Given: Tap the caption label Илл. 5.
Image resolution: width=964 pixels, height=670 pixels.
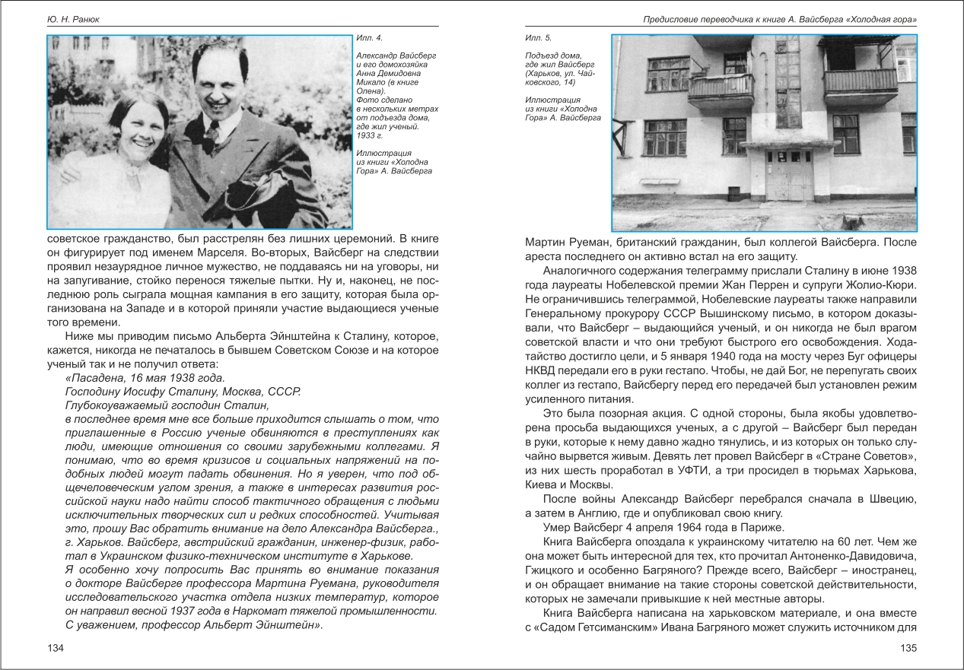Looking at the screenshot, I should tap(537, 37).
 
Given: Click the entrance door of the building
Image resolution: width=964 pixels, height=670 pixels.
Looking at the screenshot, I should tap(788, 176).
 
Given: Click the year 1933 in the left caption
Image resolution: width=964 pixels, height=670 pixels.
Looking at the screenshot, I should tap(365, 136).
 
